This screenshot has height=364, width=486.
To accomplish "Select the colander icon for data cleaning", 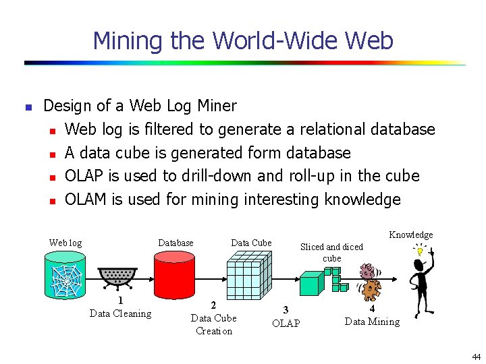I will [117, 276].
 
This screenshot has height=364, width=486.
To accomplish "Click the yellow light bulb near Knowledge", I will [418, 251].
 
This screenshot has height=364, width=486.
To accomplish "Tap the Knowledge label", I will [410, 235].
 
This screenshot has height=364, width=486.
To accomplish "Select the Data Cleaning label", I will [120, 313].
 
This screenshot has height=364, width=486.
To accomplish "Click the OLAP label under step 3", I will [286, 324].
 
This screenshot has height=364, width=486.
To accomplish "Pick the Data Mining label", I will [372, 322].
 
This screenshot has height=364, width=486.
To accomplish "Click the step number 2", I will [213, 305].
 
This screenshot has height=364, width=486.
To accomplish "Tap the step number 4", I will [372, 309].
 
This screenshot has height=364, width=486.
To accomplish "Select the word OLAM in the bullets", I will [85, 200].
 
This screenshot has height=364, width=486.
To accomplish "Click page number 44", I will [476, 357].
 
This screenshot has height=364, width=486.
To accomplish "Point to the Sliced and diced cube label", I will [331, 252].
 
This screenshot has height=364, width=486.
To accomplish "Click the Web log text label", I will [65, 243].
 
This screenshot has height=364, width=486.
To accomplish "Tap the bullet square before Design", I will [28, 107].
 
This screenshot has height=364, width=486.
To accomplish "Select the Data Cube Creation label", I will [213, 324].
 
